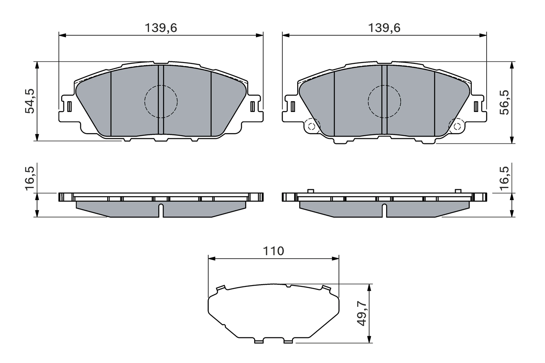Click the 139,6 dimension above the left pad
(161, 28)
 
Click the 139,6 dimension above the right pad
(384, 28)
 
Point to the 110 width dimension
(273, 251)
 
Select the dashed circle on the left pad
(161, 101)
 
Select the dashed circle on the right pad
(384, 101)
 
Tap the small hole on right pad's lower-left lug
(311, 126)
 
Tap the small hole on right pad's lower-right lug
(458, 126)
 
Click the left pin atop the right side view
(310, 191)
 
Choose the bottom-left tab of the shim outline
(258, 341)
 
